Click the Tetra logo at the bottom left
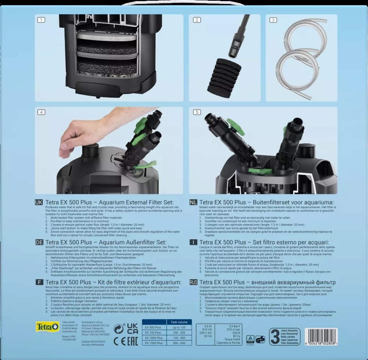47,327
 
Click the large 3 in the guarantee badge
274,336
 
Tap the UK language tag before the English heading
39,202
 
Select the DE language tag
39,242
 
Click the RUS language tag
193,282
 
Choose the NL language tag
193,202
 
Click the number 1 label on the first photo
40,20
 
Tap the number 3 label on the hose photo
273,20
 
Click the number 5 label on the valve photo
196,112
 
